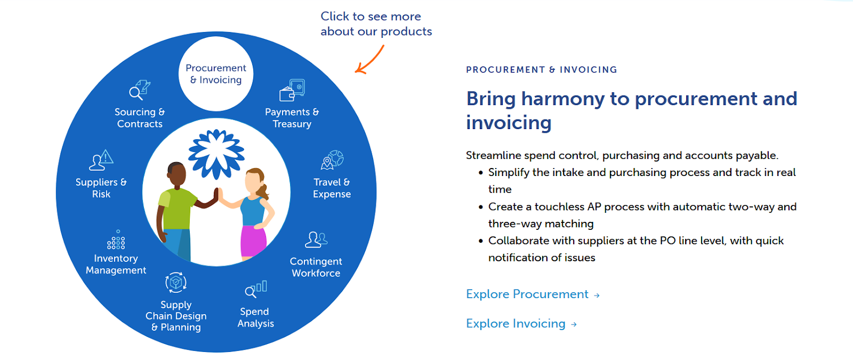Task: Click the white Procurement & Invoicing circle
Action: (216, 74)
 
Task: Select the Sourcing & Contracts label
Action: (140, 118)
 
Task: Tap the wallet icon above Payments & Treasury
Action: (292, 90)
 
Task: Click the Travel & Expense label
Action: (332, 188)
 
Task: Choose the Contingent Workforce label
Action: (316, 267)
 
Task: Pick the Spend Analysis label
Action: (255, 317)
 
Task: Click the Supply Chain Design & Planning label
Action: (176, 316)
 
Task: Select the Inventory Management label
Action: (116, 264)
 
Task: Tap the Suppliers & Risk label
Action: (101, 188)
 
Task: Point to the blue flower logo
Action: (216, 154)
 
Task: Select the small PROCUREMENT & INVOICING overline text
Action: (541, 70)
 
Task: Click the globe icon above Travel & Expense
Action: (332, 159)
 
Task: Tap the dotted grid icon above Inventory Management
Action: (116, 241)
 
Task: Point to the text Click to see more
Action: (371, 17)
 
